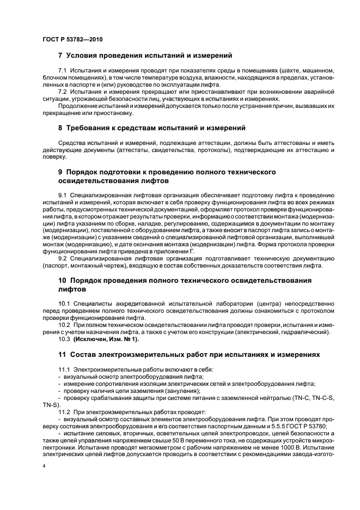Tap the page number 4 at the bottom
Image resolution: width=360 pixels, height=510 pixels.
[44, 466]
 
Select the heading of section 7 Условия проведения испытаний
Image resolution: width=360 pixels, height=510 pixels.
[145, 56]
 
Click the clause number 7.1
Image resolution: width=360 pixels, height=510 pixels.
[63, 71]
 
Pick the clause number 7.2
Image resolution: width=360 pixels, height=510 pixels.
[63, 91]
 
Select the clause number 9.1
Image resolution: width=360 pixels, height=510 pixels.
[63, 195]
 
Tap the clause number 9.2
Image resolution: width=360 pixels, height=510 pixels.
[63, 259]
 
